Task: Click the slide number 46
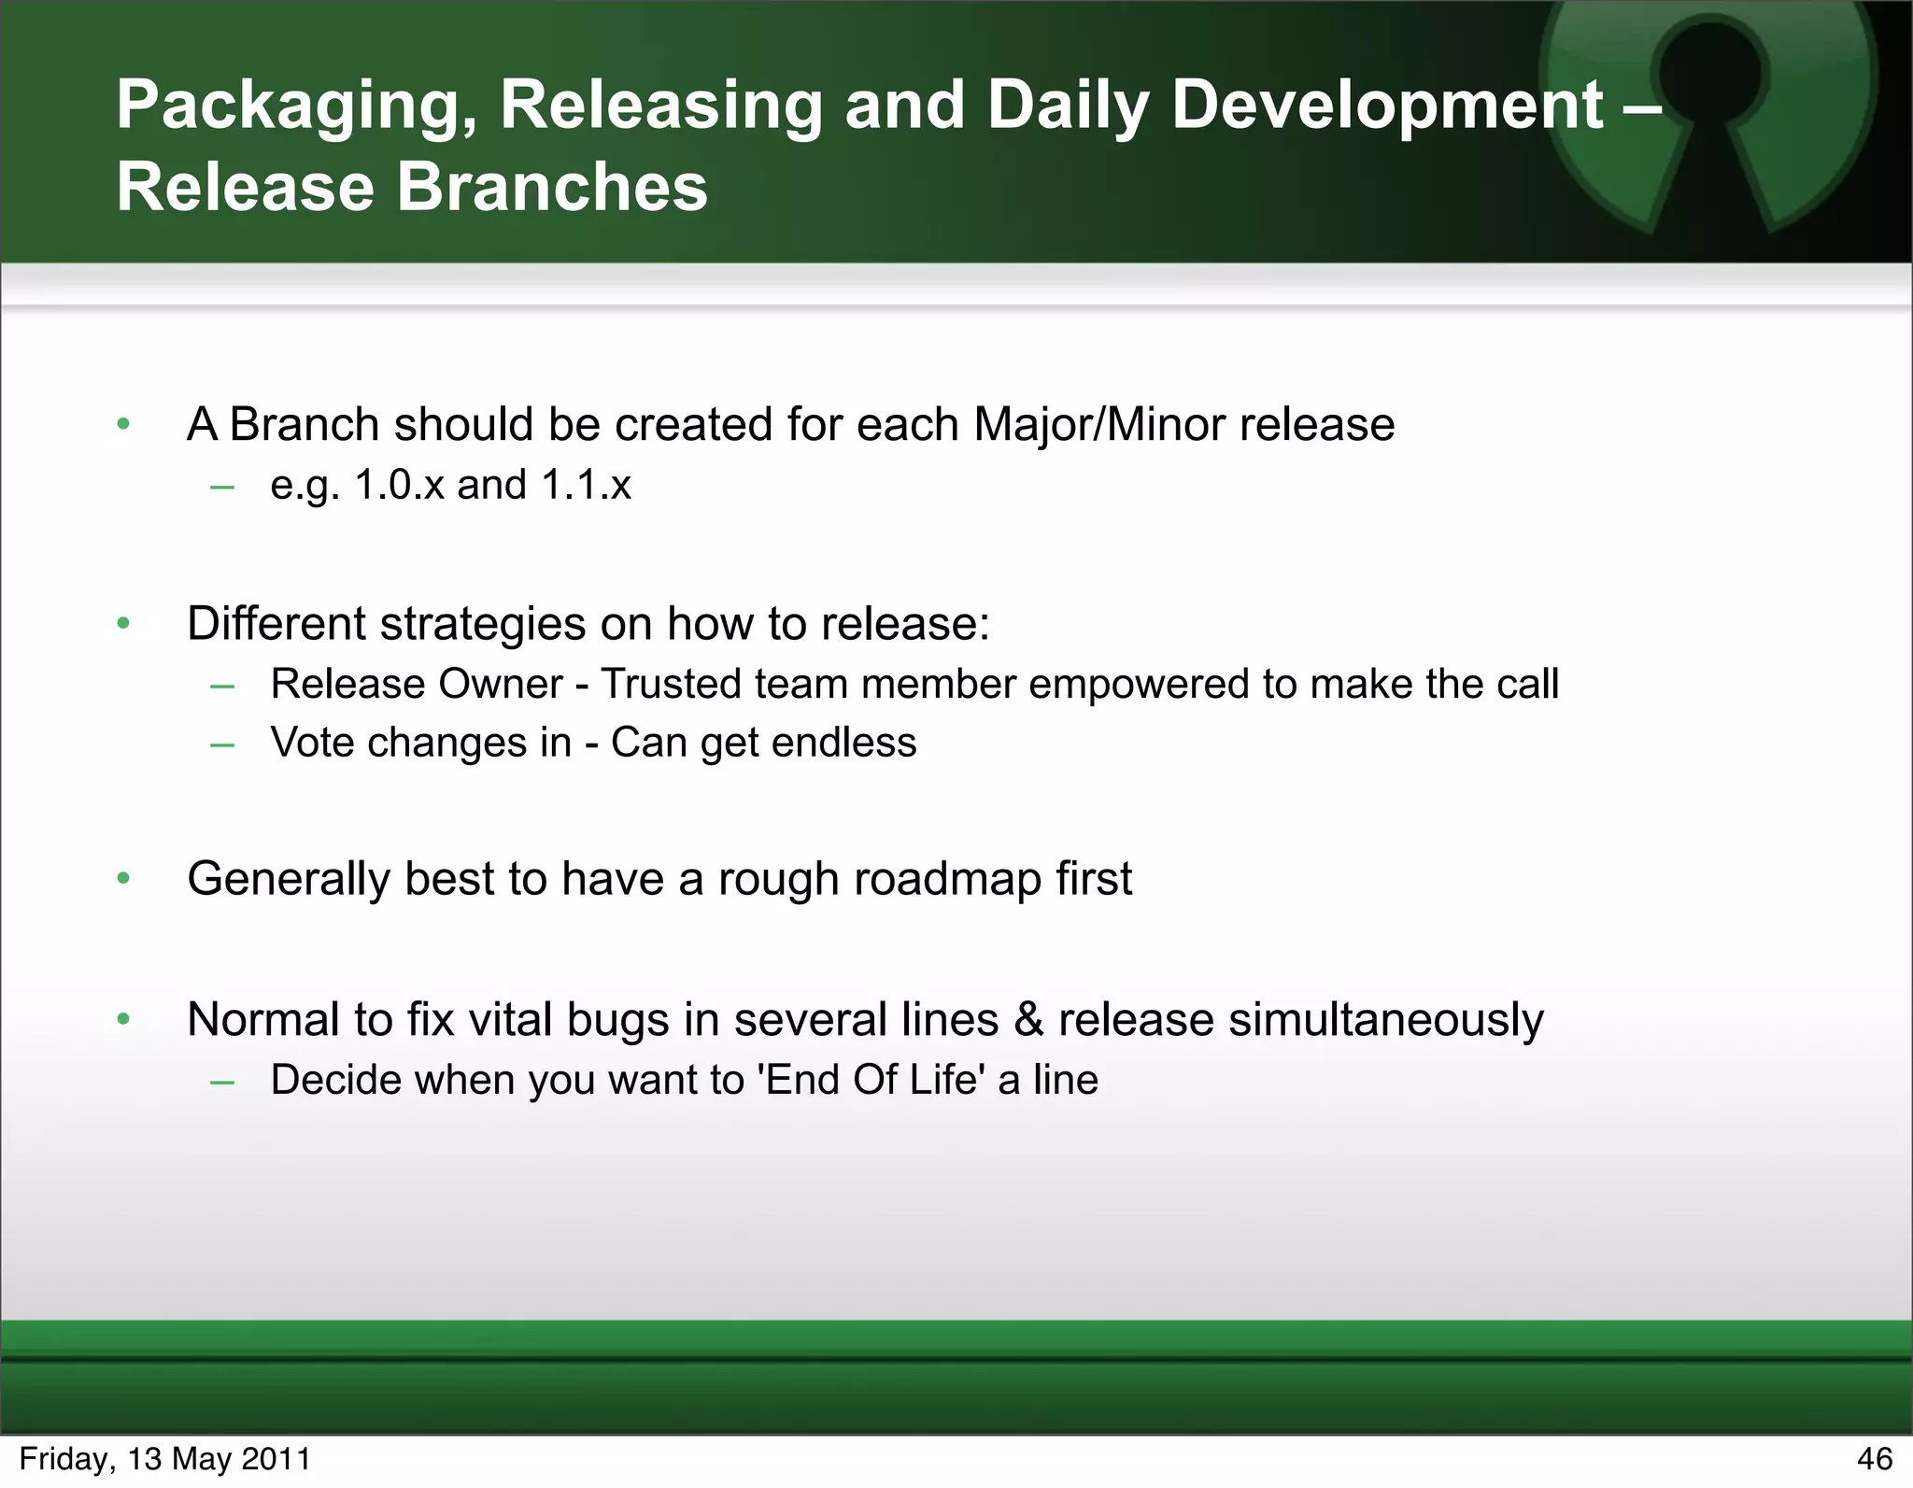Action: pos(1874,1458)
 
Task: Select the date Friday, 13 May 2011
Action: pos(164,1458)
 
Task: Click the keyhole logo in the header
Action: pos(1709,112)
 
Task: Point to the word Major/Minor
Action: pos(1098,425)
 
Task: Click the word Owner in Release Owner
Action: pos(501,684)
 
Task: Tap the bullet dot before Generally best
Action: pos(123,878)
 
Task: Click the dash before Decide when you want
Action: pos(222,1082)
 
